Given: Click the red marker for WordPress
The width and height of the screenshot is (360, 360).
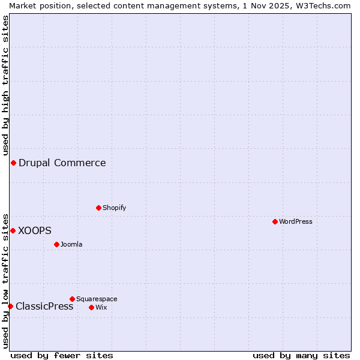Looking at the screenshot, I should (275, 221).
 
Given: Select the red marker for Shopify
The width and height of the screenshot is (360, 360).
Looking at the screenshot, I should (98, 208).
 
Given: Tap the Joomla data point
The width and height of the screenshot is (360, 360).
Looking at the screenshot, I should (56, 244).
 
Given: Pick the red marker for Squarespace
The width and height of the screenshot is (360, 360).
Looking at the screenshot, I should (72, 299).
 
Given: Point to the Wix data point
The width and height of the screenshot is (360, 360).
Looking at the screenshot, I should (91, 307).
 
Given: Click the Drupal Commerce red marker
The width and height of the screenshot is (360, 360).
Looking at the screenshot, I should (13, 163).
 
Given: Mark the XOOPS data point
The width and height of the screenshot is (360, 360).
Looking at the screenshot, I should (13, 230).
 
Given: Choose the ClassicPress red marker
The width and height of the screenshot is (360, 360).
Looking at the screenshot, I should (10, 306).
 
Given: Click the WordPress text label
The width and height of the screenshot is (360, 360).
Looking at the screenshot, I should (296, 221).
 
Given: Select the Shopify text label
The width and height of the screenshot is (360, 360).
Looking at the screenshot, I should (115, 208).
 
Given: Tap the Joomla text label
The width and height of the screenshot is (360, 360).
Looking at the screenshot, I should (71, 244).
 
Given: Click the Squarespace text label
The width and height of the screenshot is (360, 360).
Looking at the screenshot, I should (97, 299).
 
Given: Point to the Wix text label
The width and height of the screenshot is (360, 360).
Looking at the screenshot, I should (101, 307).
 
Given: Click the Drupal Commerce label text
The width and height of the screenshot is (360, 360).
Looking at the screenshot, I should (62, 163).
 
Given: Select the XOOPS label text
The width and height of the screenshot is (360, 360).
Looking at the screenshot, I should (35, 230).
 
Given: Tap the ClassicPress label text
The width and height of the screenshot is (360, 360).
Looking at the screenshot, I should (44, 306).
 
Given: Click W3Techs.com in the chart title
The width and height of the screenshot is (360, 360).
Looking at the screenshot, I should (322, 5).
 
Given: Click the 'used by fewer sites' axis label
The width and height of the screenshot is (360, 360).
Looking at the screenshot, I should (62, 355).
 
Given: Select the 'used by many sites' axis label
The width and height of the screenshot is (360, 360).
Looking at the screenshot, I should (301, 355).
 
